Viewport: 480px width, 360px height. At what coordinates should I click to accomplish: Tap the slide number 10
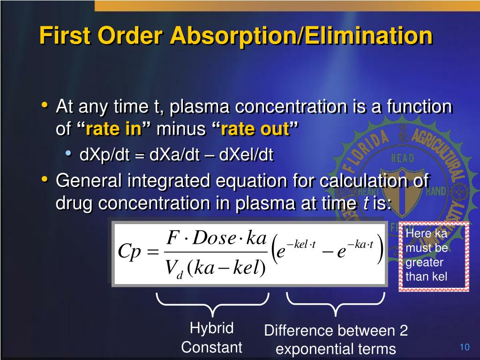[465, 347]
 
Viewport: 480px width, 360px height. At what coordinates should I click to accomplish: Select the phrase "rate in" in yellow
[113, 129]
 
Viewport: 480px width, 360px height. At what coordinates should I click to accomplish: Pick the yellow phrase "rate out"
[255, 129]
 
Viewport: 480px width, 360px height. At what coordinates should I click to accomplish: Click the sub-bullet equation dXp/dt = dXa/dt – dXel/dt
[176, 155]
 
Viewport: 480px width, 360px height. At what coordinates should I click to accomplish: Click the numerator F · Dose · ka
[217, 238]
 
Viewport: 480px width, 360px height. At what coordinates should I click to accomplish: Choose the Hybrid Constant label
[211, 337]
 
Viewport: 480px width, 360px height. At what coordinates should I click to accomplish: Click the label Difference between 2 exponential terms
[336, 340]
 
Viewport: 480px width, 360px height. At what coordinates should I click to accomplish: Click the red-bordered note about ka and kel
[434, 255]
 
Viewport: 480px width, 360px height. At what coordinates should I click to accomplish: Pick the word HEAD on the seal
[402, 158]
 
